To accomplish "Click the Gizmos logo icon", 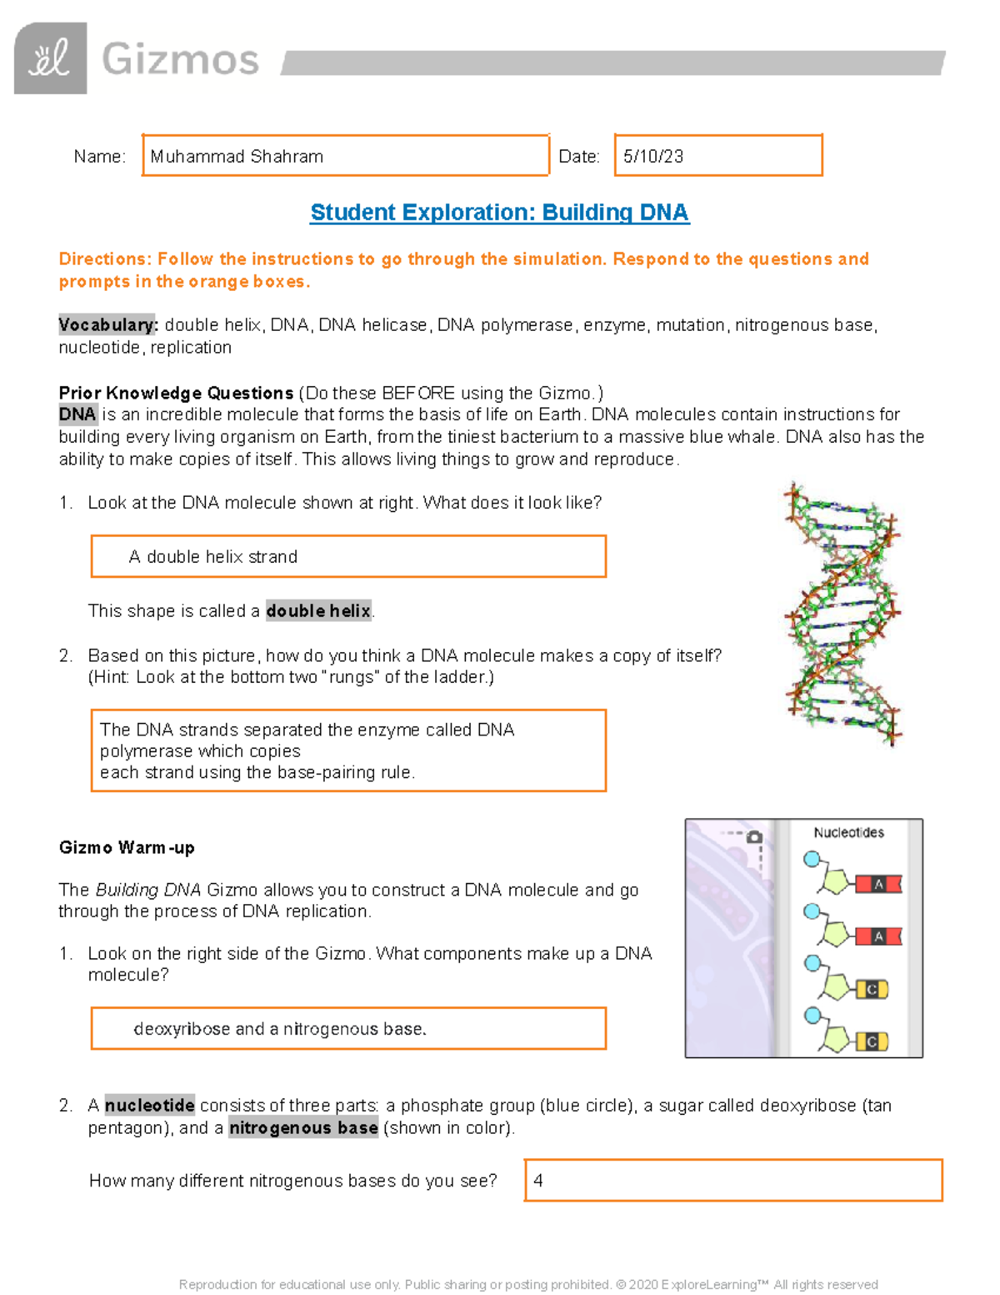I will pos(50,58).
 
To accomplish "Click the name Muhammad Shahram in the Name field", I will pos(237,157).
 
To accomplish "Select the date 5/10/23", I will pos(653,157).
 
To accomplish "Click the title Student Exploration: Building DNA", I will pos(499,213).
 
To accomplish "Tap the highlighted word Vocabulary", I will pos(107,324).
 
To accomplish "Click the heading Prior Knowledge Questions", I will pos(176,393).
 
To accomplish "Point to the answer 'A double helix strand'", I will pos(213,557).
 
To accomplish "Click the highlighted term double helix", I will pos(318,611).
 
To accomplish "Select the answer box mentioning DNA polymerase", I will pos(347,750).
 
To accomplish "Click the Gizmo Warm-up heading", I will pos(127,848).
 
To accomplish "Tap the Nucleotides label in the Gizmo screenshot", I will pos(848,832).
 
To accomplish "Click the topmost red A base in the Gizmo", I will pos(878,885).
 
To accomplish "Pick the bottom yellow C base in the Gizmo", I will pos(872,1042).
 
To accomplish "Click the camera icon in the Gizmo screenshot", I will pos(755,836).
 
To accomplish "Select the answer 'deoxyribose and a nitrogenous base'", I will pos(280,1029).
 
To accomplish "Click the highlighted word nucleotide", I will pos(150,1106).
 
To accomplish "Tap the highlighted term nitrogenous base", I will pos(303,1128).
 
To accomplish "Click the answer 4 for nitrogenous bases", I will pos(538,1181).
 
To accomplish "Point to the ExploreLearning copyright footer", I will pos(528,1285).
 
